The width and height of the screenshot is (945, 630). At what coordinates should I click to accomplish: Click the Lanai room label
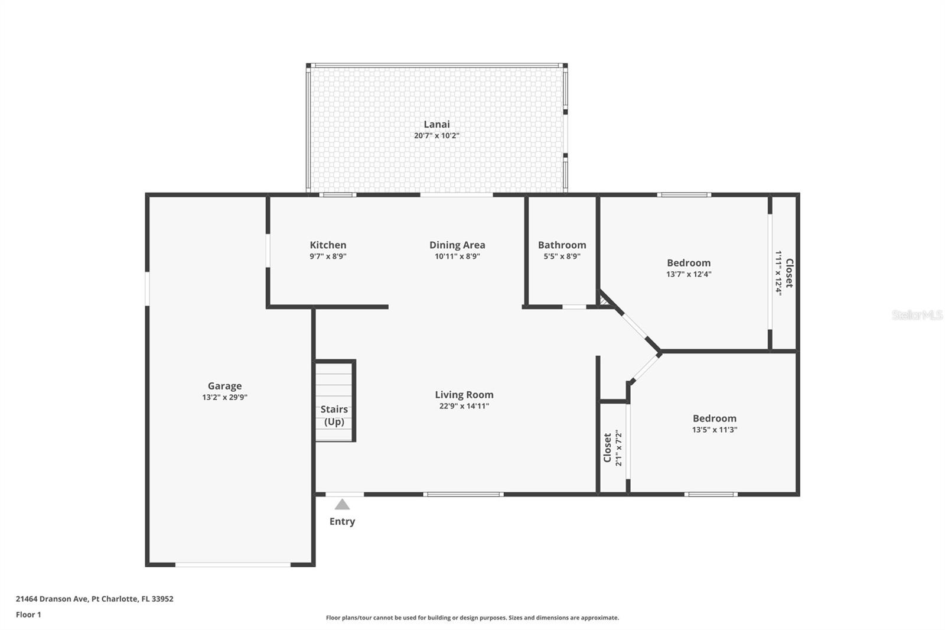click(436, 124)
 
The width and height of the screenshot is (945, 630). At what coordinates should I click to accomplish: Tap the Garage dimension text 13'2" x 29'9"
click(224, 398)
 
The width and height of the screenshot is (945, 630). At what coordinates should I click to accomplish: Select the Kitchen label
click(328, 245)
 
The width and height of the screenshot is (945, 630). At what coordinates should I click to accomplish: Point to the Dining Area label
click(457, 245)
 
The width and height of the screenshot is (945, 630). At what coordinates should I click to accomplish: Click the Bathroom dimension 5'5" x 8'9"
click(562, 256)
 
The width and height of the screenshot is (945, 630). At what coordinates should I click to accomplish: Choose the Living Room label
click(464, 395)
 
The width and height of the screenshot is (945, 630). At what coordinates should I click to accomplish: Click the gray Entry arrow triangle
click(342, 505)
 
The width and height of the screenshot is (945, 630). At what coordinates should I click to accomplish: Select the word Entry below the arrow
click(342, 521)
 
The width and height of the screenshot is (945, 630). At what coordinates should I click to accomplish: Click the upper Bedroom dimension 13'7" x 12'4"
click(689, 274)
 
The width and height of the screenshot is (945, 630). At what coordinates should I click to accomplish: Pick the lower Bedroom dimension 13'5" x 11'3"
click(715, 430)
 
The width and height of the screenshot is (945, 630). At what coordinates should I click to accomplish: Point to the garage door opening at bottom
click(233, 565)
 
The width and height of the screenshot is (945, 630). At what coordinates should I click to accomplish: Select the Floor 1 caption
click(28, 615)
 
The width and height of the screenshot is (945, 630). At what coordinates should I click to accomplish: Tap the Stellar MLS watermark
click(917, 315)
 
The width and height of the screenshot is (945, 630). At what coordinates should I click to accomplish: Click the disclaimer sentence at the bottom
click(472, 618)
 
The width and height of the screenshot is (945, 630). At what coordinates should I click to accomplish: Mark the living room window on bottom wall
click(464, 494)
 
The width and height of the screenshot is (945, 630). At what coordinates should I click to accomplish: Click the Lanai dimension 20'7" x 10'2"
click(436, 136)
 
